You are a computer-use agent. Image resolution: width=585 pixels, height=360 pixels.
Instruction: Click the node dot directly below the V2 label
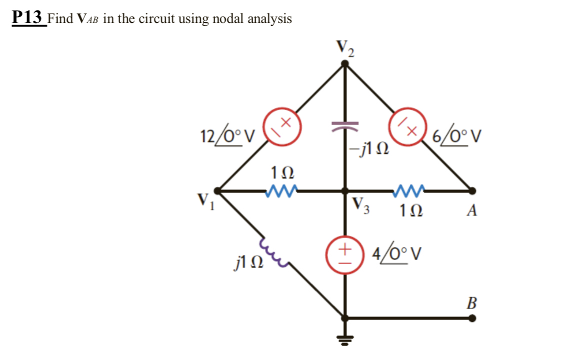point(344,63)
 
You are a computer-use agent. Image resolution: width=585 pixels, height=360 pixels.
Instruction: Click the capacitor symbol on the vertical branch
point(344,123)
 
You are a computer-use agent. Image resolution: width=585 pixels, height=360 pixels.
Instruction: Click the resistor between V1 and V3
point(282,190)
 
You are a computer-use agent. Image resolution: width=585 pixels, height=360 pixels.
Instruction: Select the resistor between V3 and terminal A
point(409,190)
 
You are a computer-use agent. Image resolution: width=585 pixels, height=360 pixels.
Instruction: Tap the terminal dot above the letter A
point(472,190)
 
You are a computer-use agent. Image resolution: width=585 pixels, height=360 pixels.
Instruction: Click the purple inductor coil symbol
point(272,252)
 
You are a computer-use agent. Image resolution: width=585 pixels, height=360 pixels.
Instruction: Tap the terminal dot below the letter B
point(472,317)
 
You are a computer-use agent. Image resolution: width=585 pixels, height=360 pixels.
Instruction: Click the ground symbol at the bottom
point(344,340)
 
